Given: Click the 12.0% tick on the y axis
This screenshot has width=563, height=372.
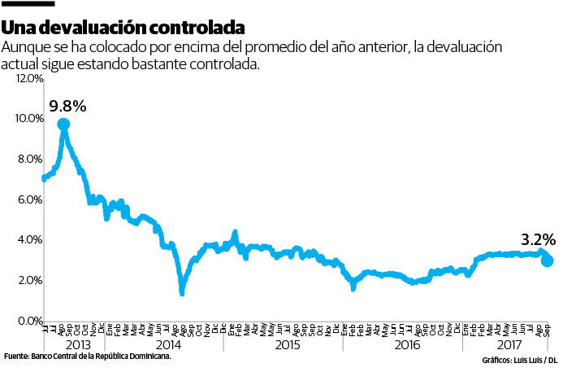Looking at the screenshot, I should [x=27, y=78].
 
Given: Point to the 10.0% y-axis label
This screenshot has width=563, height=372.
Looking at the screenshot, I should [x=27, y=119].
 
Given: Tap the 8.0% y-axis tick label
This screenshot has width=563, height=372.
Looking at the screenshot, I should [x=27, y=160].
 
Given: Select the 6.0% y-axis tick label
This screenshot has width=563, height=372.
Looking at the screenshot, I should [x=27, y=199].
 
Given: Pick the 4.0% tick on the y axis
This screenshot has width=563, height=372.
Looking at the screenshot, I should [x=27, y=240].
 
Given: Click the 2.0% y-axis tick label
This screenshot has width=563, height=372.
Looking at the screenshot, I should [x=27, y=281].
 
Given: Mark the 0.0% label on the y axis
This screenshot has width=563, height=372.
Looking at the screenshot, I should [x=27, y=321].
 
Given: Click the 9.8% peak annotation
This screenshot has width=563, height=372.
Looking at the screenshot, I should [x=67, y=106].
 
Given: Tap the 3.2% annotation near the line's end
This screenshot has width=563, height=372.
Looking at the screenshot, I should [x=538, y=240].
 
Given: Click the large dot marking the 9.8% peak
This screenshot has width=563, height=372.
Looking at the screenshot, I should [x=63, y=125].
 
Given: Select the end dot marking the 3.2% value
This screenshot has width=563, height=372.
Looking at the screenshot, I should [x=548, y=260].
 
